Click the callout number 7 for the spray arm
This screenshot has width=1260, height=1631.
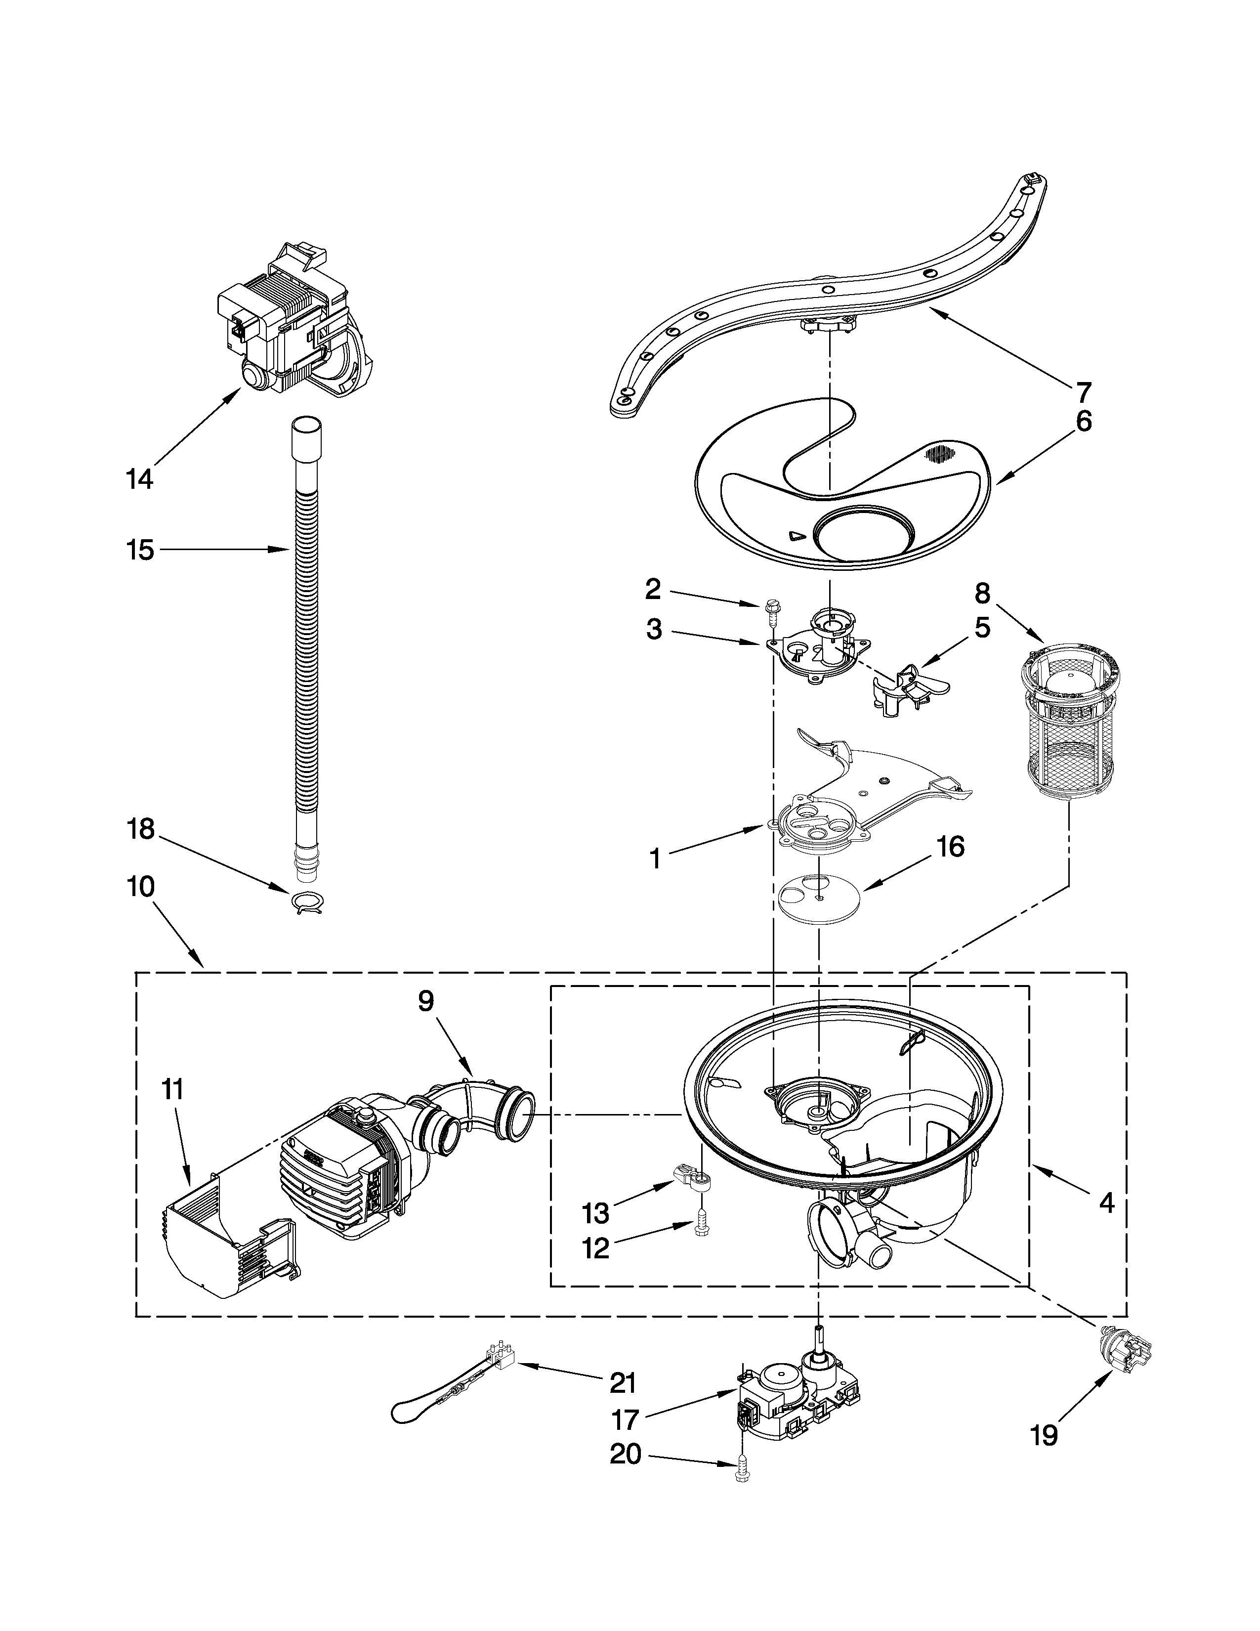[x=1083, y=391]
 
